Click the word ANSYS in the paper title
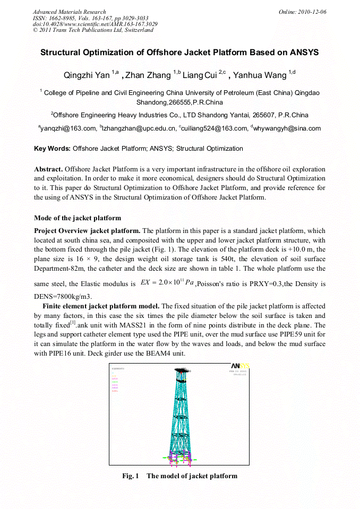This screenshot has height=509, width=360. coord(299,53)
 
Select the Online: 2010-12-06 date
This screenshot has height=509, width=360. coord(303,12)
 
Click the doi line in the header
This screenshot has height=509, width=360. coord(95,24)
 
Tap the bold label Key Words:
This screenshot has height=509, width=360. coord(52,149)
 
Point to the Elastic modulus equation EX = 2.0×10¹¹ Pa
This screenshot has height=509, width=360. coord(167,283)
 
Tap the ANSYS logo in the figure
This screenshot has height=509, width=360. coord(240,366)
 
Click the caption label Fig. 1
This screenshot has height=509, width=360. coord(131,476)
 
